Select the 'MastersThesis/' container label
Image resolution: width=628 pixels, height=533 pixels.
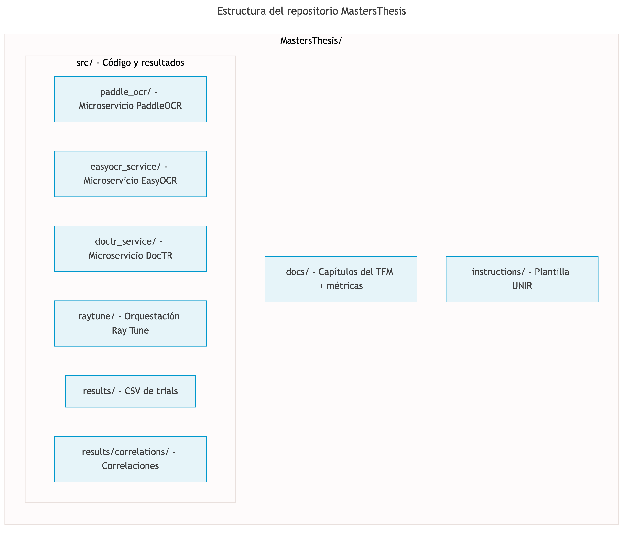point(311,40)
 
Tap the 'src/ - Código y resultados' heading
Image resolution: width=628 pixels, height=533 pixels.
point(130,63)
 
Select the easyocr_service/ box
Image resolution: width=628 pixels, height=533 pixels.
point(130,174)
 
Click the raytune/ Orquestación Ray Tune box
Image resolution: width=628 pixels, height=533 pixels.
point(130,323)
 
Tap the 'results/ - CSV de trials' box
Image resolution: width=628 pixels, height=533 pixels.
point(130,391)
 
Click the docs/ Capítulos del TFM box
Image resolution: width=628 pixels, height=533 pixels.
point(341,279)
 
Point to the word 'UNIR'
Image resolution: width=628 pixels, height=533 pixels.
point(522,286)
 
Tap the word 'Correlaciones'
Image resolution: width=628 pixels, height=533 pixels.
point(130,466)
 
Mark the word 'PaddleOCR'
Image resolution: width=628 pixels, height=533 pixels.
point(159,106)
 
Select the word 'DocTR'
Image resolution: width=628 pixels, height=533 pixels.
point(159,256)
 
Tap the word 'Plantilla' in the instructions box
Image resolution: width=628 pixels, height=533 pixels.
point(552,272)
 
